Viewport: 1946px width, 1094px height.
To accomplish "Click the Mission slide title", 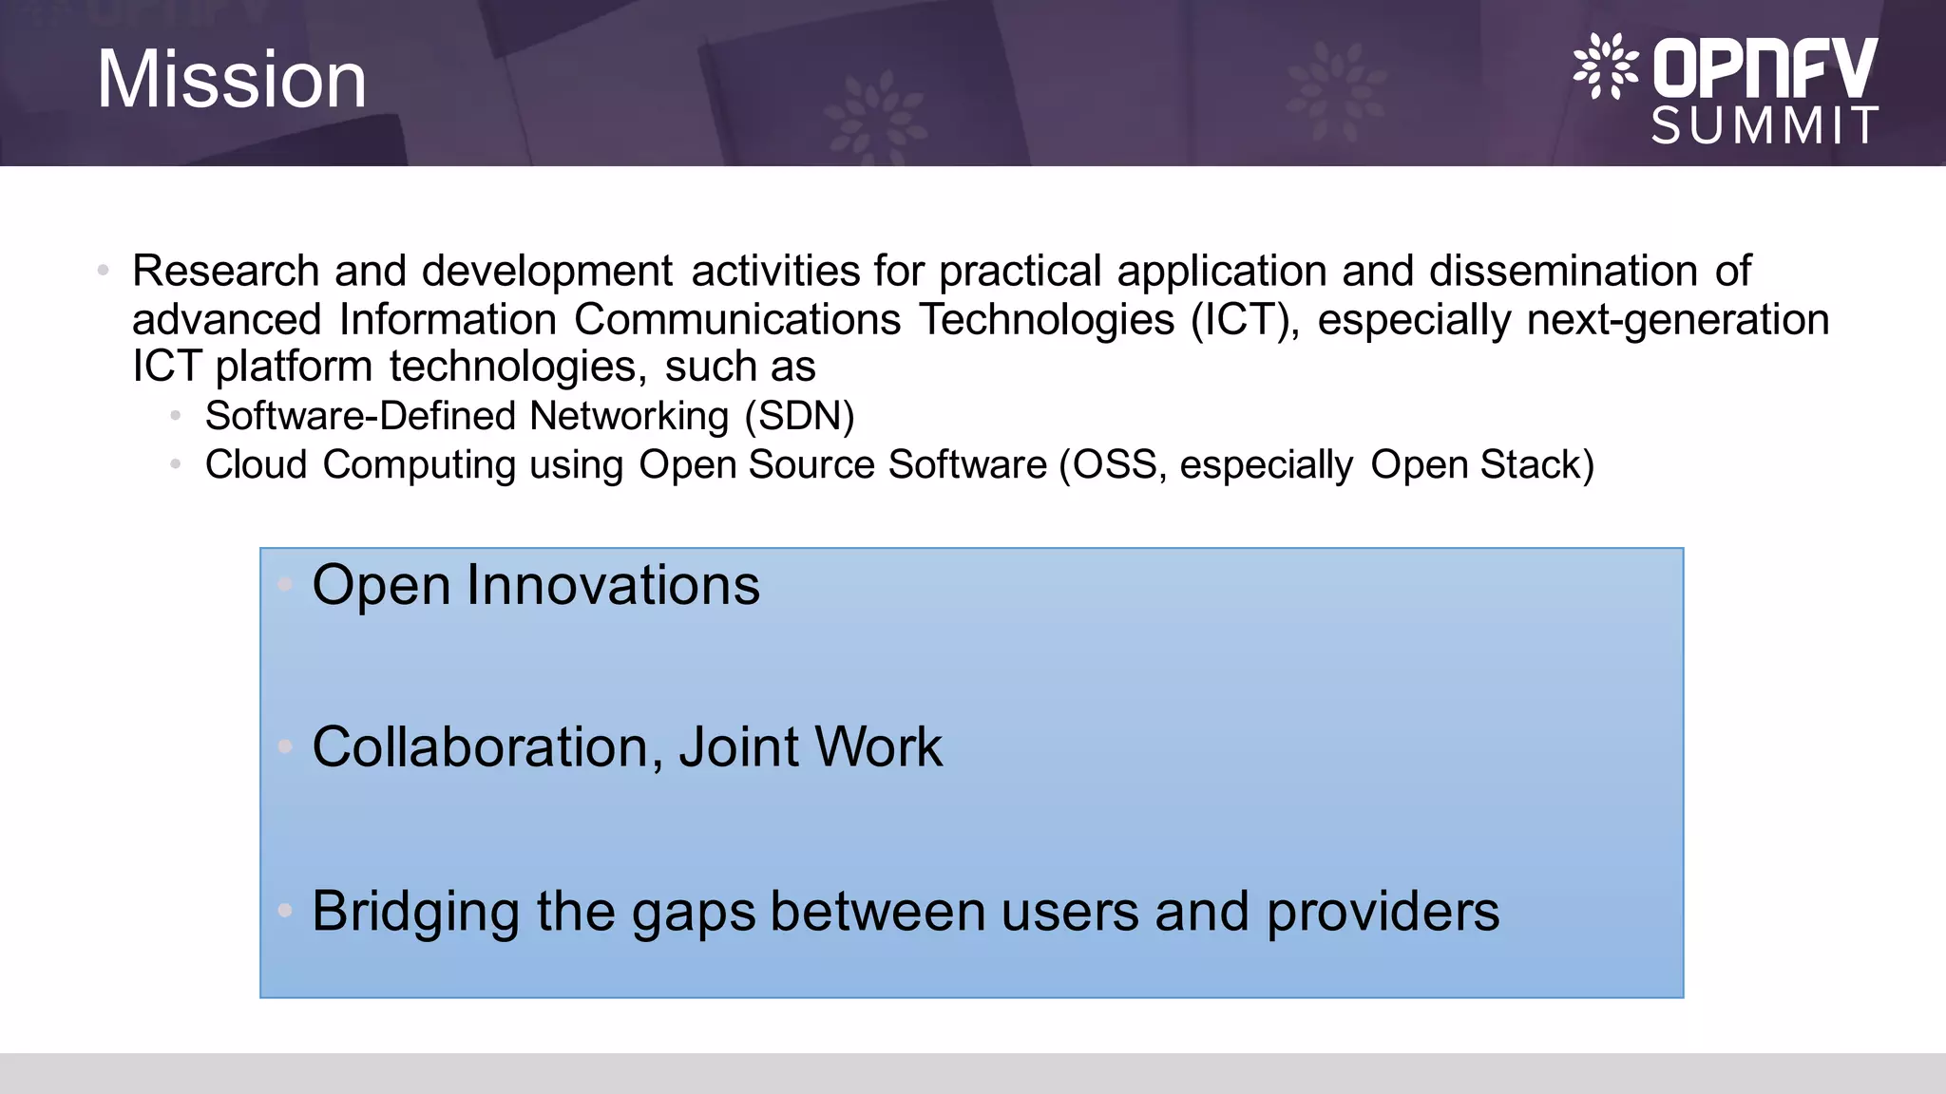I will (x=232, y=80).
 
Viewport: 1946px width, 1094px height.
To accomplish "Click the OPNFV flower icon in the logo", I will (x=1605, y=66).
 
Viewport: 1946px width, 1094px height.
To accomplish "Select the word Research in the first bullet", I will (x=225, y=272).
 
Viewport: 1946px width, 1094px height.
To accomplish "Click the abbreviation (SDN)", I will (x=799, y=417).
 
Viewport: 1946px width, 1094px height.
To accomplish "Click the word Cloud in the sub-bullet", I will (x=256, y=465).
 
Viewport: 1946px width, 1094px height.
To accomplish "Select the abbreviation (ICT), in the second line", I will (x=1245, y=320).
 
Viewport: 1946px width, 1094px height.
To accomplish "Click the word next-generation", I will (x=1677, y=320).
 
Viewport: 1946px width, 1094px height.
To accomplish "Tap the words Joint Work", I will (x=810, y=747).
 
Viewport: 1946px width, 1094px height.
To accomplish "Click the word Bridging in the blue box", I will (x=415, y=912).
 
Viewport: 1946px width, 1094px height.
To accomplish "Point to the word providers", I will (x=1383, y=912).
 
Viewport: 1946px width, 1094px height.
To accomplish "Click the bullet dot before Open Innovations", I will (x=285, y=585).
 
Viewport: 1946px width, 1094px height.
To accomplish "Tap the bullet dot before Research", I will (x=104, y=272).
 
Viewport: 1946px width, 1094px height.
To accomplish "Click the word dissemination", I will (x=1563, y=272).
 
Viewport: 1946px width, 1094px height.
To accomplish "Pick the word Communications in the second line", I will (x=736, y=320).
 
